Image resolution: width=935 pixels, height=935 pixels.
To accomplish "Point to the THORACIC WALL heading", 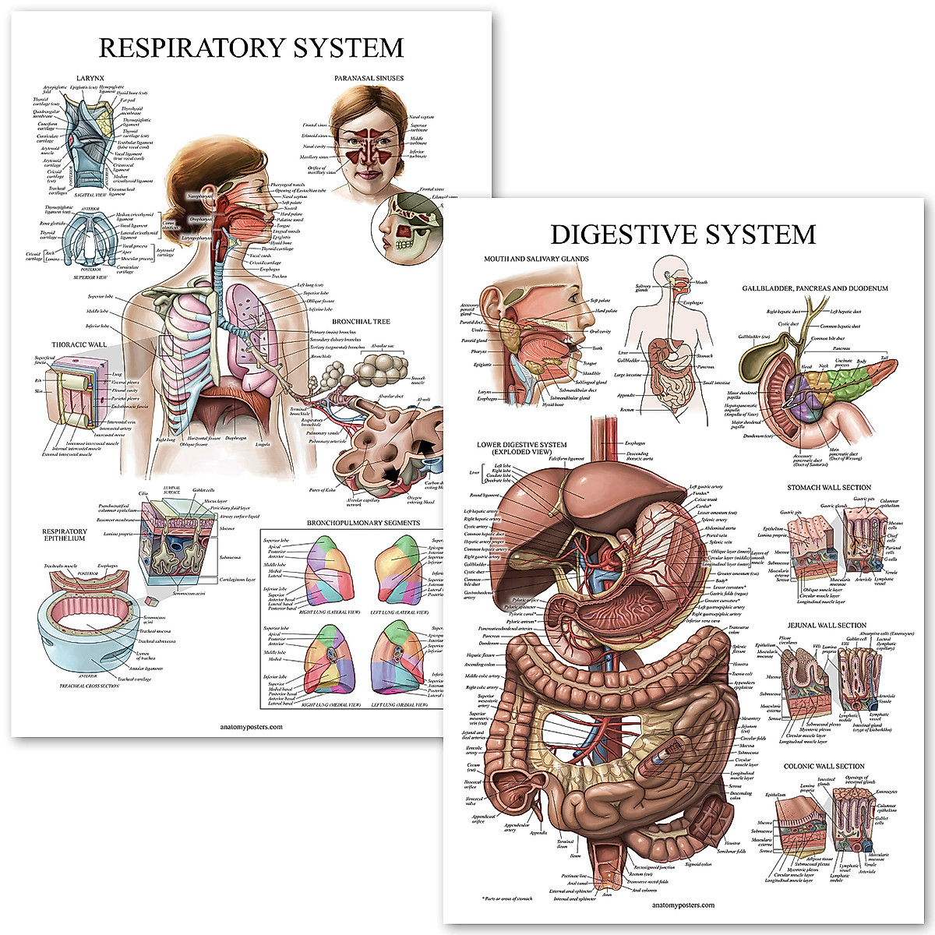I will (79, 344).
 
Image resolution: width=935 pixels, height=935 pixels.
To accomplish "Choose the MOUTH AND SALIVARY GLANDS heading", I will (536, 259).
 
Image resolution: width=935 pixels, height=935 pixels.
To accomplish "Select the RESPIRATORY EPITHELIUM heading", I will (65, 536).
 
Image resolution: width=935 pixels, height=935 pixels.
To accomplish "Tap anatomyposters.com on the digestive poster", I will (681, 905).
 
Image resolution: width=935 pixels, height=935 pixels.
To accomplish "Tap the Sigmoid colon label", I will (700, 864).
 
